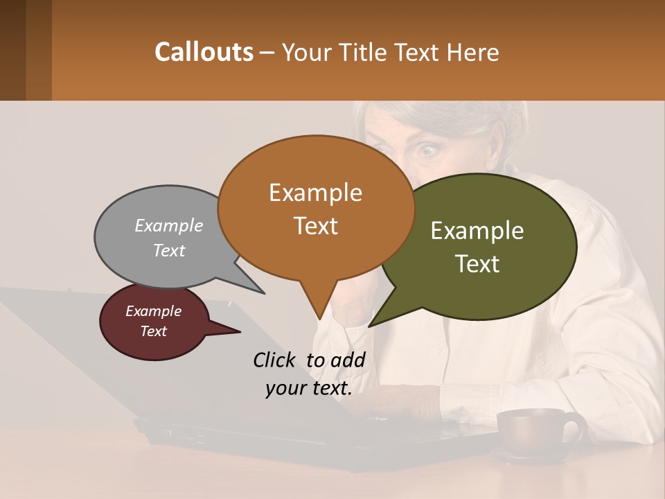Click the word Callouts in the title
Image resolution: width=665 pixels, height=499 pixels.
[x=204, y=52]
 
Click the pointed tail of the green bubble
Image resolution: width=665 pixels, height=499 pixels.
[x=372, y=325]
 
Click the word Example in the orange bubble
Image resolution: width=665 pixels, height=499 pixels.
[x=316, y=192]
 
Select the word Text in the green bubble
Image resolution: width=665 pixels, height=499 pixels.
[x=477, y=264]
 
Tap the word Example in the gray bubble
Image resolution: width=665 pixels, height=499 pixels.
[x=169, y=225]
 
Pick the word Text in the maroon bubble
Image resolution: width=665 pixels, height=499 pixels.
[x=154, y=331]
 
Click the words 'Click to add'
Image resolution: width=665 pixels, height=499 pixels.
[x=309, y=360]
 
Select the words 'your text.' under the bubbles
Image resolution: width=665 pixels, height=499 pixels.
[x=309, y=388]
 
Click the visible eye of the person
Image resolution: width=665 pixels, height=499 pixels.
[x=425, y=148]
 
